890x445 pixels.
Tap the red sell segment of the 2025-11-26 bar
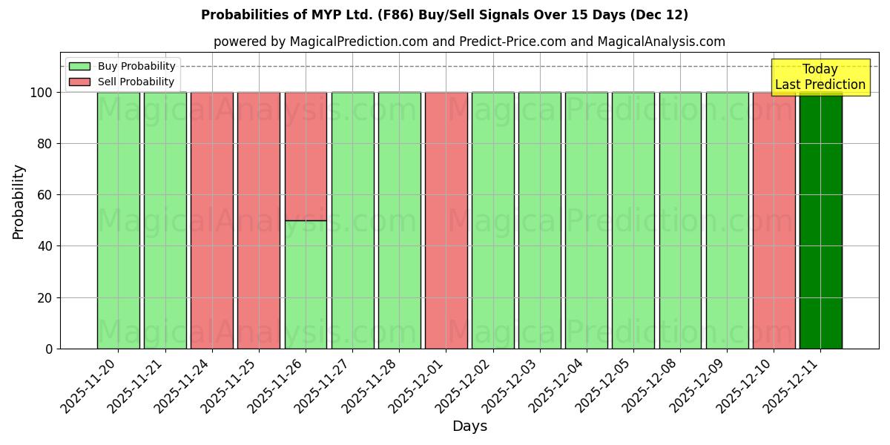pos(306,156)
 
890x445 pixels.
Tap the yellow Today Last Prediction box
pos(820,77)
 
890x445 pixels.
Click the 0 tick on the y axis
pos(49,349)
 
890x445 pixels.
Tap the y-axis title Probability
pos(19,201)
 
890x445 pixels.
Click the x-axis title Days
pos(469,426)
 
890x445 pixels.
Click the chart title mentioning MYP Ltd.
pos(444,15)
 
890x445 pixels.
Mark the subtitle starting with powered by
pos(469,42)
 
